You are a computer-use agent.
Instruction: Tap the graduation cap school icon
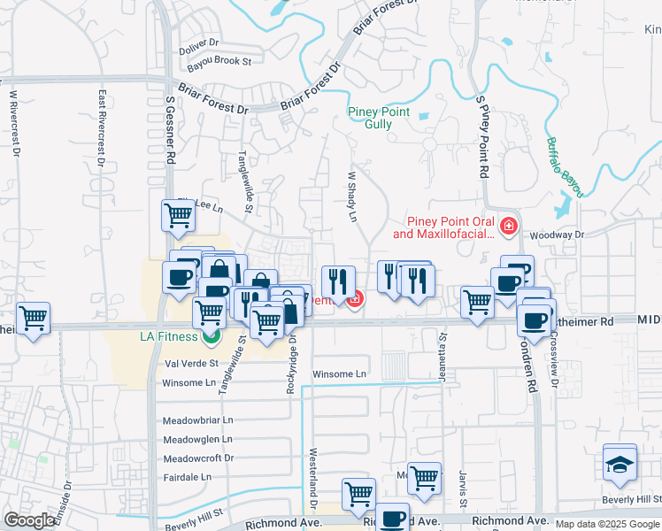coord(620,463)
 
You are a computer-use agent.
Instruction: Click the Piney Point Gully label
coord(379,118)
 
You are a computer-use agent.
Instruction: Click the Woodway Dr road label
coord(558,235)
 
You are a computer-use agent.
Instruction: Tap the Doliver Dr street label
coord(197,42)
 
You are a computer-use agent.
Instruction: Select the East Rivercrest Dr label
coord(103,128)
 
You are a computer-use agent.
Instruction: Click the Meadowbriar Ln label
coord(197,420)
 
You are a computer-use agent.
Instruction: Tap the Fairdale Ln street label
coord(188,477)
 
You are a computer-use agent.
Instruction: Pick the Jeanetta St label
coord(443,353)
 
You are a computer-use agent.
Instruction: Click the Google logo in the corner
coord(30,520)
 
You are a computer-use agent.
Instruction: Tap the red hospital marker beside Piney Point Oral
coord(508,227)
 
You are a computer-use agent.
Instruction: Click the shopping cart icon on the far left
coord(33,319)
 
